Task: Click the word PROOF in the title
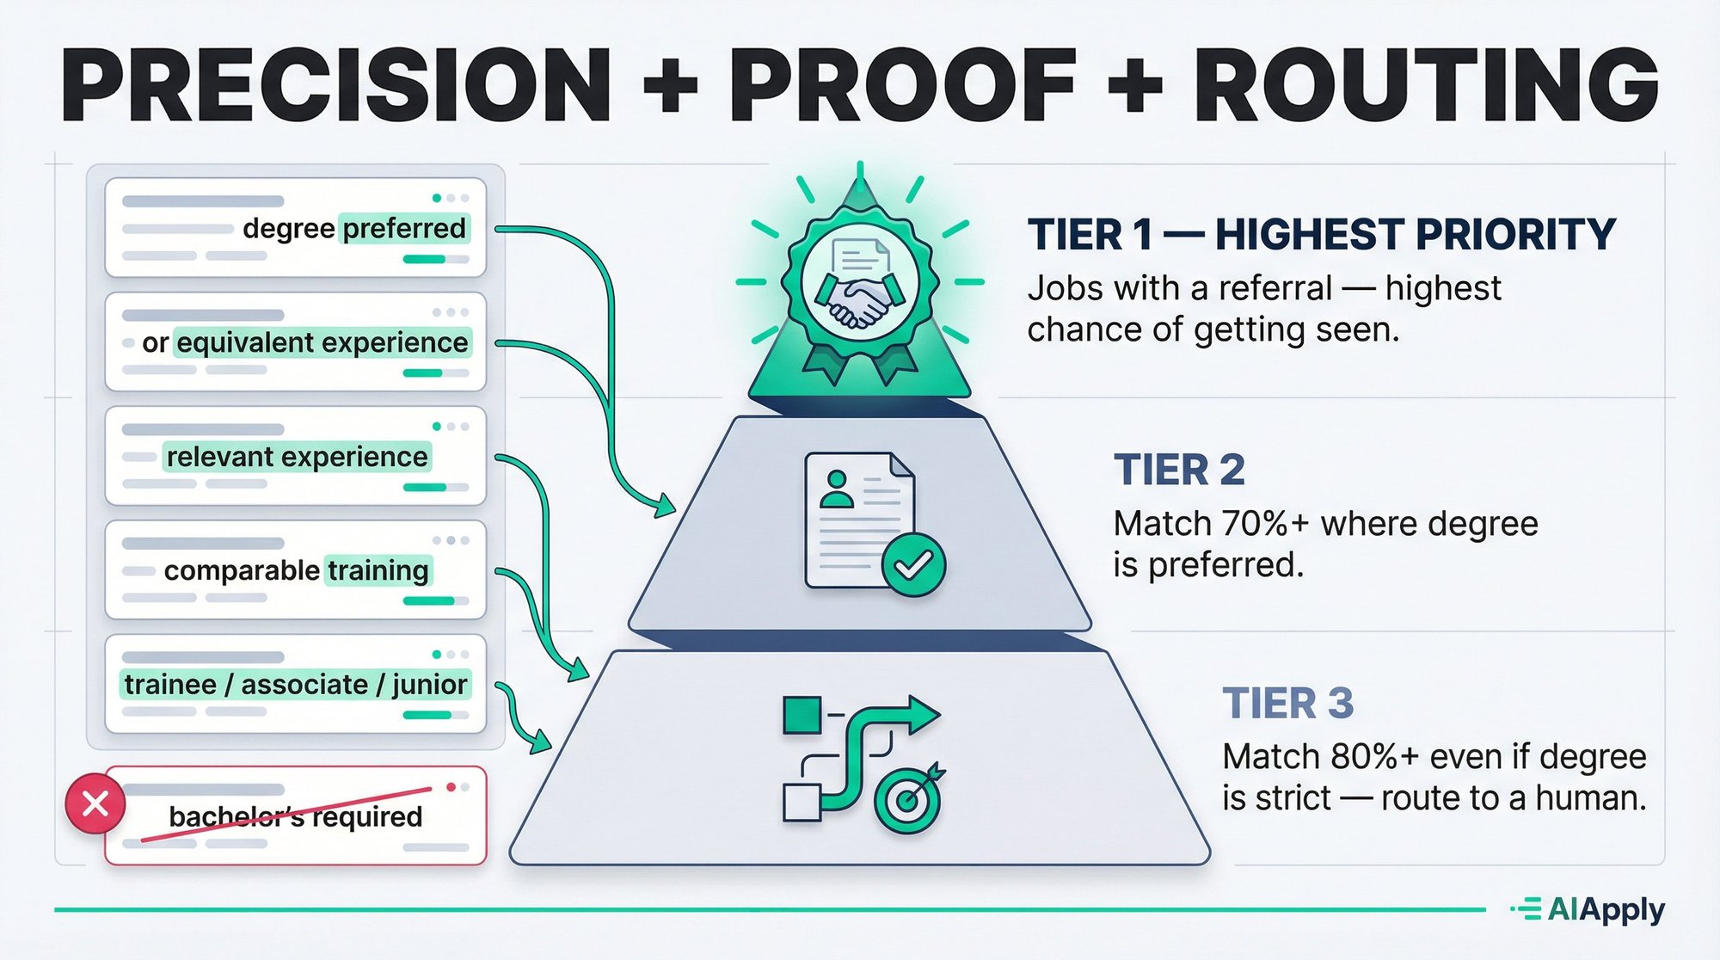903,86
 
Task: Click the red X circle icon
95,803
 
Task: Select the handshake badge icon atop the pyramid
859,284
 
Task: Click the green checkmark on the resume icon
913,565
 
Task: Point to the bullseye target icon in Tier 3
908,800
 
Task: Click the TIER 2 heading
1179,471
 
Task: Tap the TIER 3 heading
1287,704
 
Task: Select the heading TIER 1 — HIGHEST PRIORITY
1321,235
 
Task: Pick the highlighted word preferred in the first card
404,229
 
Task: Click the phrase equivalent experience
322,342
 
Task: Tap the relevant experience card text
297,457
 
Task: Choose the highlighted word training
378,570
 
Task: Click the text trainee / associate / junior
295,685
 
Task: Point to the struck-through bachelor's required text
295,816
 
